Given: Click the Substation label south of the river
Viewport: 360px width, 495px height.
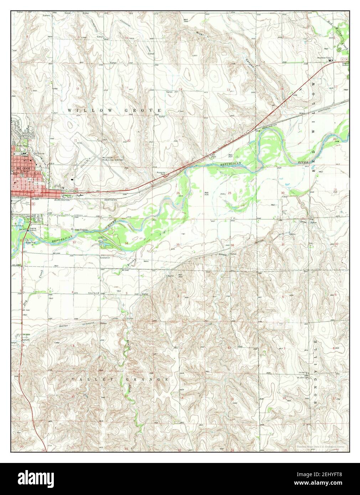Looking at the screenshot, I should [x=105, y=257].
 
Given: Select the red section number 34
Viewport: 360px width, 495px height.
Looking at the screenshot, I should [x=126, y=243].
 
